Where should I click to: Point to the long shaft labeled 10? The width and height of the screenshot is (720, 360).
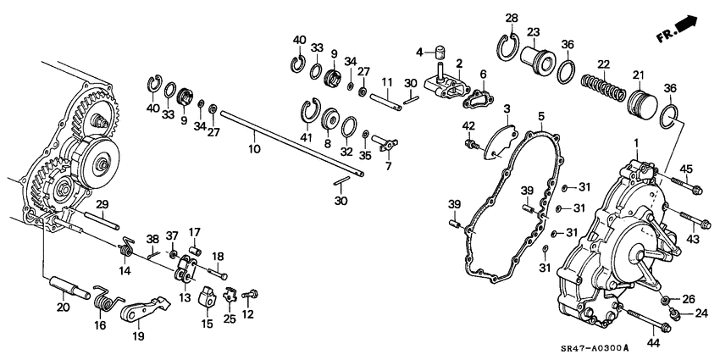pyautogui.click(x=292, y=143)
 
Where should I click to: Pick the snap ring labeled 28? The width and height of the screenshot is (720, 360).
pyautogui.click(x=509, y=48)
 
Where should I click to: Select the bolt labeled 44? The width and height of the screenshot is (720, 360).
pyautogui.click(x=648, y=320)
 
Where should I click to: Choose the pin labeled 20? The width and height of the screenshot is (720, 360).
pyautogui.click(x=69, y=287)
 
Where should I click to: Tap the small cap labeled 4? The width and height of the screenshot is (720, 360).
pyautogui.click(x=440, y=52)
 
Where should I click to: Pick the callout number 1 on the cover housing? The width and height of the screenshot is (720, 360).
pyautogui.click(x=636, y=144)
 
